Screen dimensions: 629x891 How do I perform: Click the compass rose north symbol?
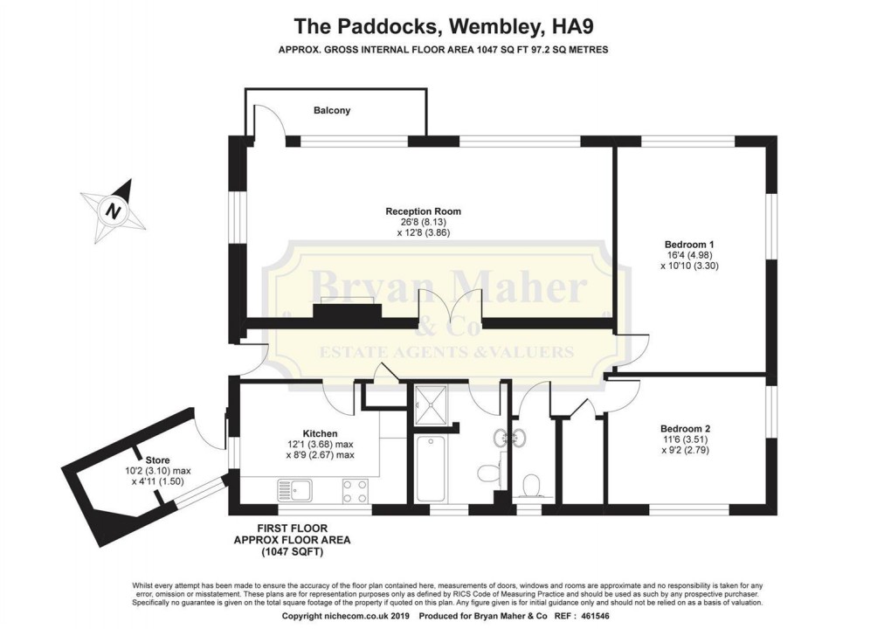112,211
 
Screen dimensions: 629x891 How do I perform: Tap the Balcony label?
332,111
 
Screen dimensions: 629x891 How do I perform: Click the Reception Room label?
424,211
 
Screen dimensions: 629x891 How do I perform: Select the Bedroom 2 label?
685,429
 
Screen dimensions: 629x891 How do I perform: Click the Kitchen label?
320,433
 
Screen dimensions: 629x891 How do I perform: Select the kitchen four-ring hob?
355,491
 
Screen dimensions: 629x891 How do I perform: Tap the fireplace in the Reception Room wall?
349,311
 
